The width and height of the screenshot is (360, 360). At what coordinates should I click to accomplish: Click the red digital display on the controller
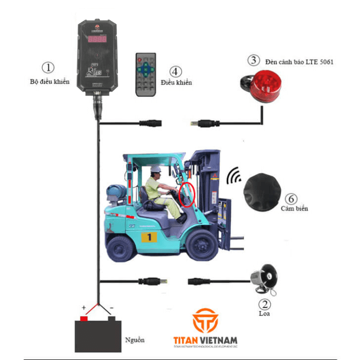coord(97,38)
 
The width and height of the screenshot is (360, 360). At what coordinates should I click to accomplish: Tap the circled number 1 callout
coord(48,67)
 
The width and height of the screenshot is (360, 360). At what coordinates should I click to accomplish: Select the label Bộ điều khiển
coord(49,81)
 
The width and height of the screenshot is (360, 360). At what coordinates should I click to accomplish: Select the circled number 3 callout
coord(254,60)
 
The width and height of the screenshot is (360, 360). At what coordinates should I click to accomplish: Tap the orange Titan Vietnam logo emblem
coord(204,320)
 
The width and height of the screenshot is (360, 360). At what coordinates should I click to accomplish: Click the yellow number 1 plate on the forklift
coord(149,236)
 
